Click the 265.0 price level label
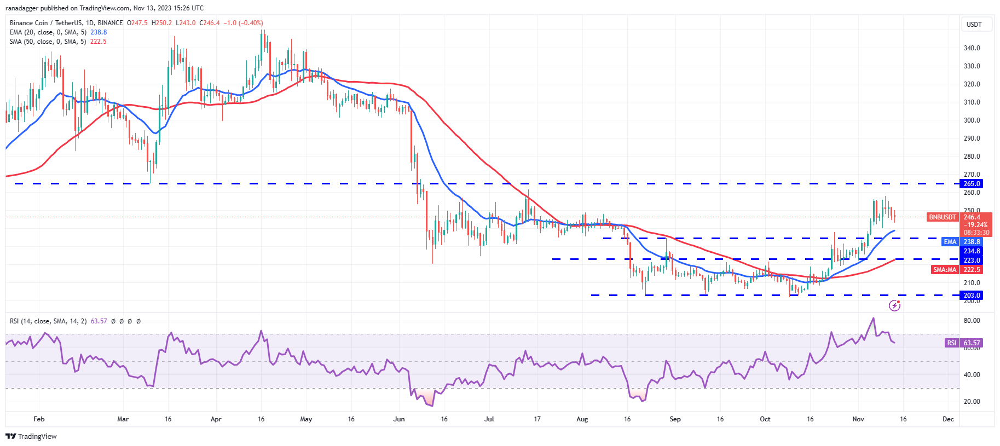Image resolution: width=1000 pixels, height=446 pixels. [972, 184]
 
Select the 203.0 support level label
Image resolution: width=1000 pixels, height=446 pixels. [972, 296]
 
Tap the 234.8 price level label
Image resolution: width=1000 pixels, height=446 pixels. [972, 251]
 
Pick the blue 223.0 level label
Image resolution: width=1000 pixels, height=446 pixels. [972, 260]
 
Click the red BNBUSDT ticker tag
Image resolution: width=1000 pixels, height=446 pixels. [942, 217]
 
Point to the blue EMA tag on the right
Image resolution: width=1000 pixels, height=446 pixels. [950, 242]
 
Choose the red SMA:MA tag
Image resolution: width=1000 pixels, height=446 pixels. [945, 270]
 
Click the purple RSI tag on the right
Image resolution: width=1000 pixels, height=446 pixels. [951, 343]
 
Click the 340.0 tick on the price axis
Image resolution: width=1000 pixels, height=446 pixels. [972, 48]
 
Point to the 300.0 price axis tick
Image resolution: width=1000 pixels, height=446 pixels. [972, 120]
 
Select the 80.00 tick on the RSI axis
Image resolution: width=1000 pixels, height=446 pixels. [972, 321]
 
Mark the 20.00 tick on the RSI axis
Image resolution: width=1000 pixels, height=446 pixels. [972, 402]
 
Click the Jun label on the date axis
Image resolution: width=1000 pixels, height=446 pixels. [399, 419]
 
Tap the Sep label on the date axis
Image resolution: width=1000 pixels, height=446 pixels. [675, 419]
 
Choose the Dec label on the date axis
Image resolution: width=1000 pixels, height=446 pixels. [948, 419]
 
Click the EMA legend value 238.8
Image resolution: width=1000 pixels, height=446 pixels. [99, 32]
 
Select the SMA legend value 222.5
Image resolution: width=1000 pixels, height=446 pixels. [98, 42]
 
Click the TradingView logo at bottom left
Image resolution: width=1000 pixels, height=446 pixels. [31, 436]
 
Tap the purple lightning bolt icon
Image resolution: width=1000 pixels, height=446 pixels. [894, 305]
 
